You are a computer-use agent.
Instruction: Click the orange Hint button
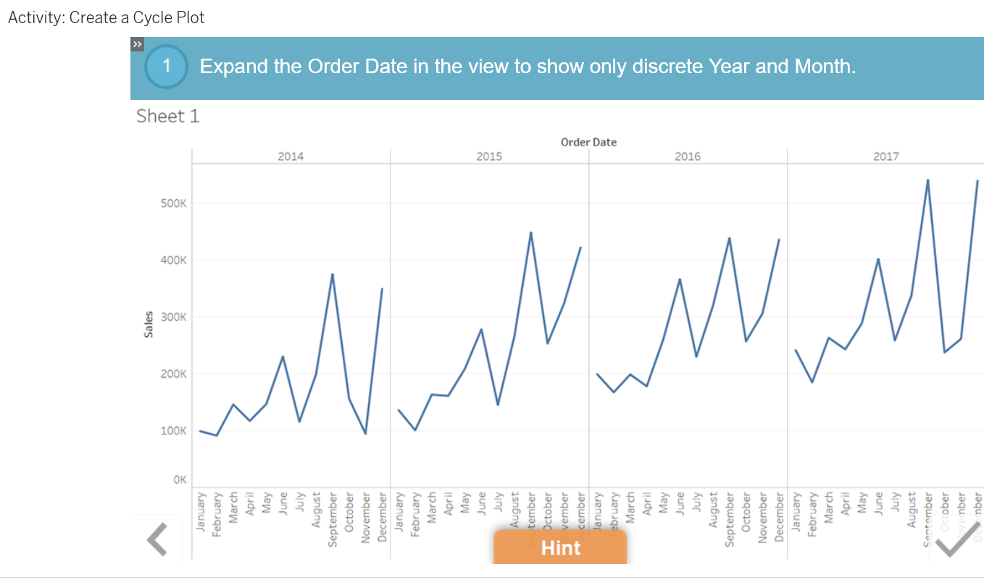[560, 547]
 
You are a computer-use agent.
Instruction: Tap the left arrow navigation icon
[157, 539]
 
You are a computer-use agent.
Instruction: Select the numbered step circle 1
[166, 67]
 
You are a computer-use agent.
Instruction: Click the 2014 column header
[291, 156]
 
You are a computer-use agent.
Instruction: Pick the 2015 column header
[489, 156]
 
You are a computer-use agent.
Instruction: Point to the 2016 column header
[688, 156]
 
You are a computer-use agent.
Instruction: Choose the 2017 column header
[885, 156]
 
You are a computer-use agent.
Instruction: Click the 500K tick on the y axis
[174, 203]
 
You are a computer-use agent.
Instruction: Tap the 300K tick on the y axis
[174, 317]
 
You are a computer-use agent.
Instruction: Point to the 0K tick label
[179, 480]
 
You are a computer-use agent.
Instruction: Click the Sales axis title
[149, 324]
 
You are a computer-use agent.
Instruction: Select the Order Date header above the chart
[588, 142]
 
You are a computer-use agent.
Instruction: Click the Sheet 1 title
[167, 117]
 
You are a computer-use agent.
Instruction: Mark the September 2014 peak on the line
[333, 274]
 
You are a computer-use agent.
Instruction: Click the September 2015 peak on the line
[531, 232]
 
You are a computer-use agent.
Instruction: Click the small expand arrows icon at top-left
[138, 45]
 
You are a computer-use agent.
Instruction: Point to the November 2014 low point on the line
[365, 434]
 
